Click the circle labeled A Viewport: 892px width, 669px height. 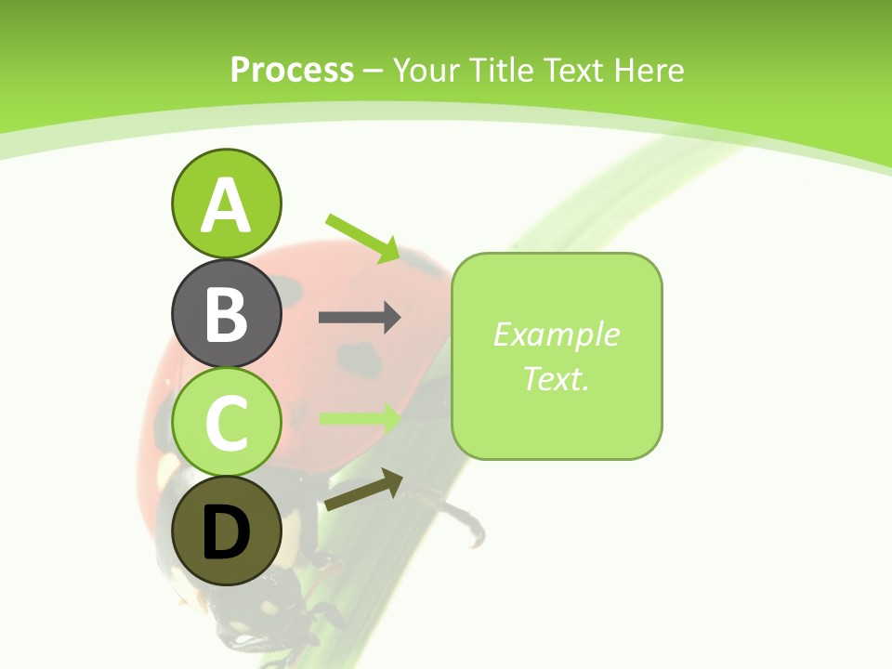click(x=226, y=203)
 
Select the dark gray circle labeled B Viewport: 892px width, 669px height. click(x=226, y=313)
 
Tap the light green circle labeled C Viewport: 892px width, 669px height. click(x=226, y=423)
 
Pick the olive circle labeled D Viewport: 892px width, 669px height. click(x=226, y=531)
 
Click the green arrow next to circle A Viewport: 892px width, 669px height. click(x=363, y=238)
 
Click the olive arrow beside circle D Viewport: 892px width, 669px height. click(x=363, y=491)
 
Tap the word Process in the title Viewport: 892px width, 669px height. click(x=292, y=71)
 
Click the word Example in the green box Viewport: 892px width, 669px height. click(x=556, y=334)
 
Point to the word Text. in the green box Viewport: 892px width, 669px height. click(x=556, y=378)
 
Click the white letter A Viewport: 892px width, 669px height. click(x=226, y=205)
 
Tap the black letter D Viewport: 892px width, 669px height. click(x=226, y=533)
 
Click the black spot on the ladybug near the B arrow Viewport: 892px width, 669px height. click(x=361, y=355)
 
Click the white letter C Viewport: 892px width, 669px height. click(x=226, y=424)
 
